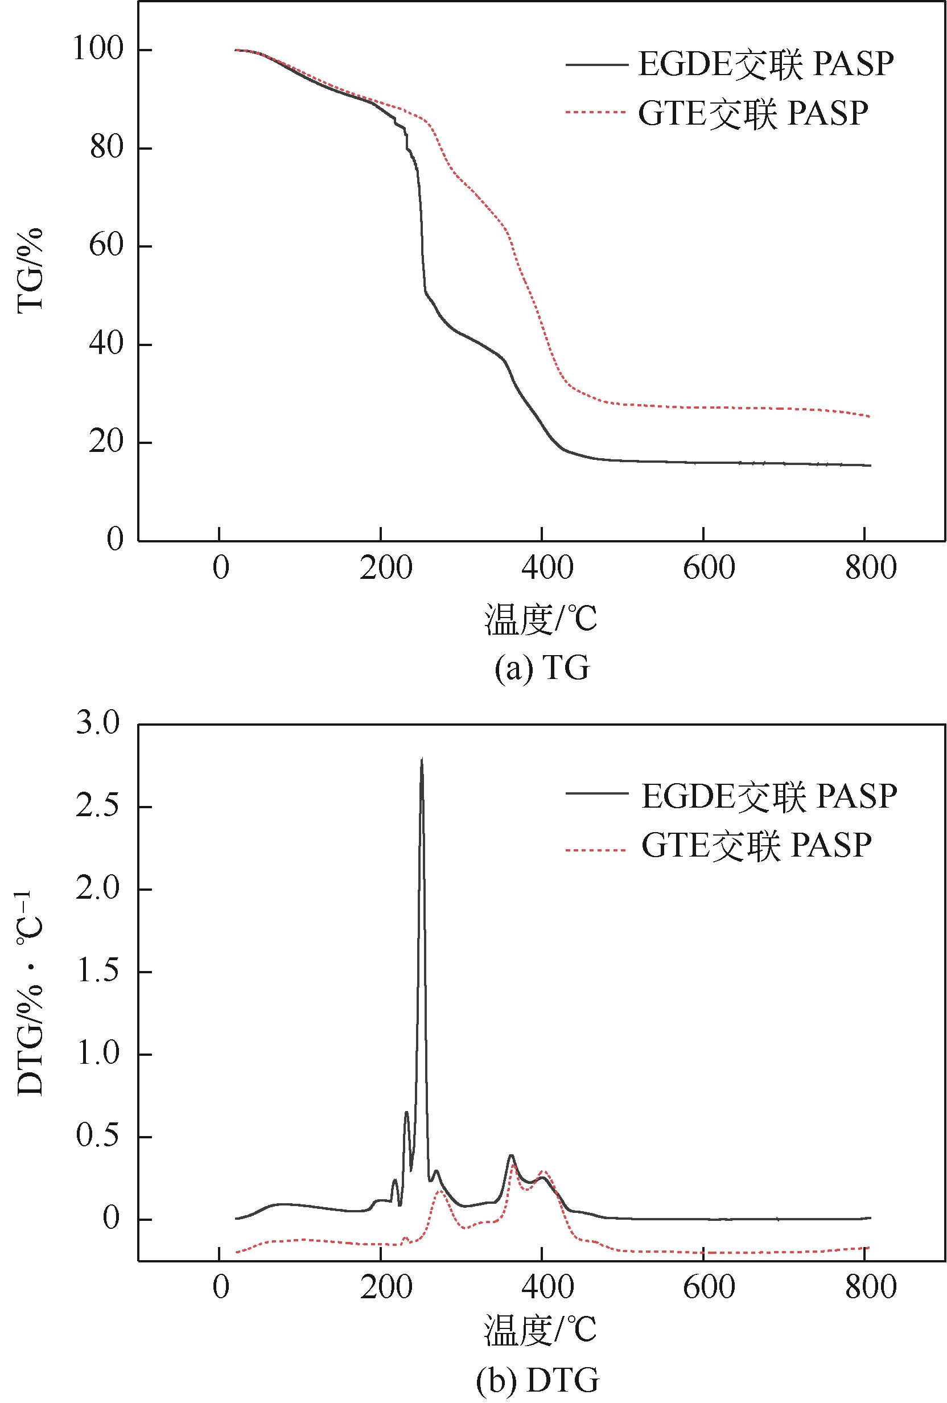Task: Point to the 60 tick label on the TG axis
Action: (106, 246)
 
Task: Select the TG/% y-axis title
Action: (31, 269)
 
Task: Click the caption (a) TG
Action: (541, 668)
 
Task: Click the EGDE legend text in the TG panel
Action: (765, 63)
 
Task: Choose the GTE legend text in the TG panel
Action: (754, 113)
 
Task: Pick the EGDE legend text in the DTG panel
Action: (768, 796)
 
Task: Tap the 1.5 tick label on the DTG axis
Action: (98, 972)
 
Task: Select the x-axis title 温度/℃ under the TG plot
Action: (540, 619)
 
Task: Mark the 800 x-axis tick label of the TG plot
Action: (870, 568)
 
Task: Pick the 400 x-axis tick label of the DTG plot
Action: (547, 1287)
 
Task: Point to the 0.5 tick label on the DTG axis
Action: (98, 1137)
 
